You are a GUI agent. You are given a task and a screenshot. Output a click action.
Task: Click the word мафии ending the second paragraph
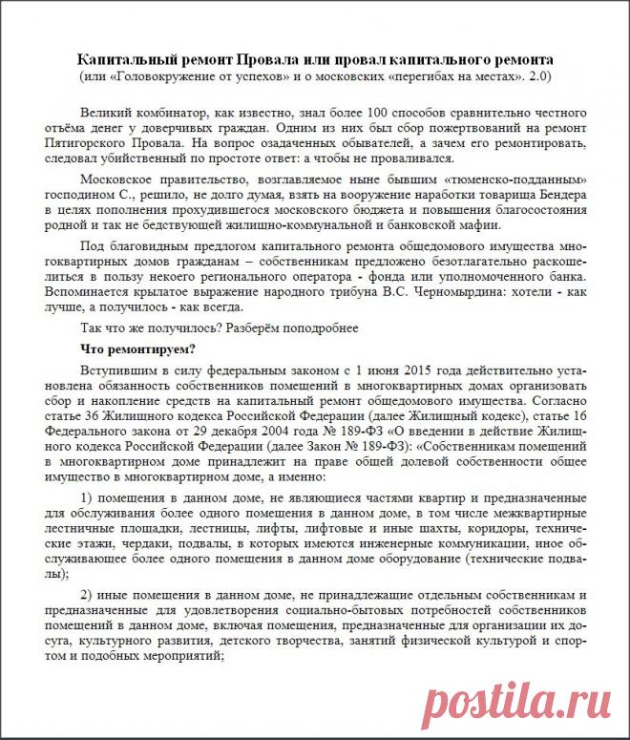pyautogui.click(x=475, y=226)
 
